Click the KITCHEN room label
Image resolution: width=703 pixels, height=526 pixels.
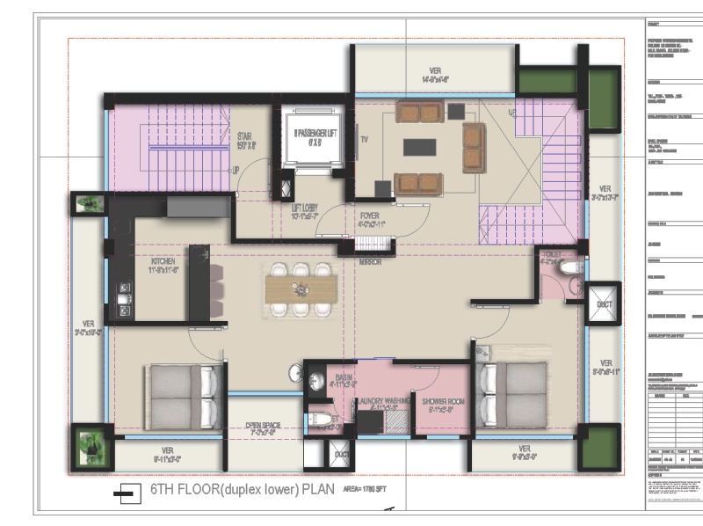pos(163,261)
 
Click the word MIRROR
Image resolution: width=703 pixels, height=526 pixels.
pos(369,261)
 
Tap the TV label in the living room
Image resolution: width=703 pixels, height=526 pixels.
pos(364,138)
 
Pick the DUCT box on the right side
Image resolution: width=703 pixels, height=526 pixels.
pos(604,303)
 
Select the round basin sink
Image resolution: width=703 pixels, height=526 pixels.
pos(314,379)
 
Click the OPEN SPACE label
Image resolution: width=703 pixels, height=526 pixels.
pos(261,427)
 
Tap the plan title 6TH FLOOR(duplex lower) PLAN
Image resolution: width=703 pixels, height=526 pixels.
pos(230,490)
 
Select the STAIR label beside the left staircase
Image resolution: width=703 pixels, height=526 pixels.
pos(245,141)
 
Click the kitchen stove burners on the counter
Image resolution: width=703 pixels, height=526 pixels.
pos(125,289)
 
